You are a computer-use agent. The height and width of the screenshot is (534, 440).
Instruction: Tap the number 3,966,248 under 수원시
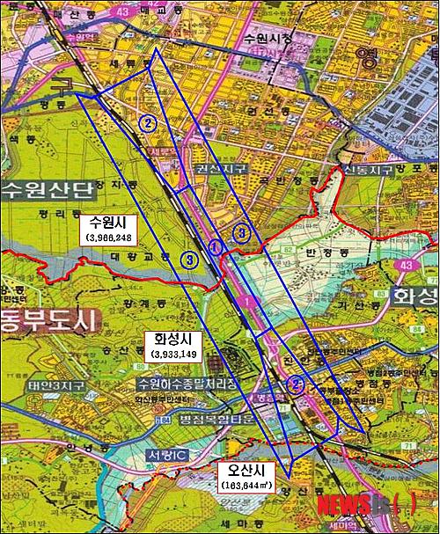point(109,238)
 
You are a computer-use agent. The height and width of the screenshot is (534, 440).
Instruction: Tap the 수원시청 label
point(268,39)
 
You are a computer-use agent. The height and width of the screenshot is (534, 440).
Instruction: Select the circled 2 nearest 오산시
point(297,383)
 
